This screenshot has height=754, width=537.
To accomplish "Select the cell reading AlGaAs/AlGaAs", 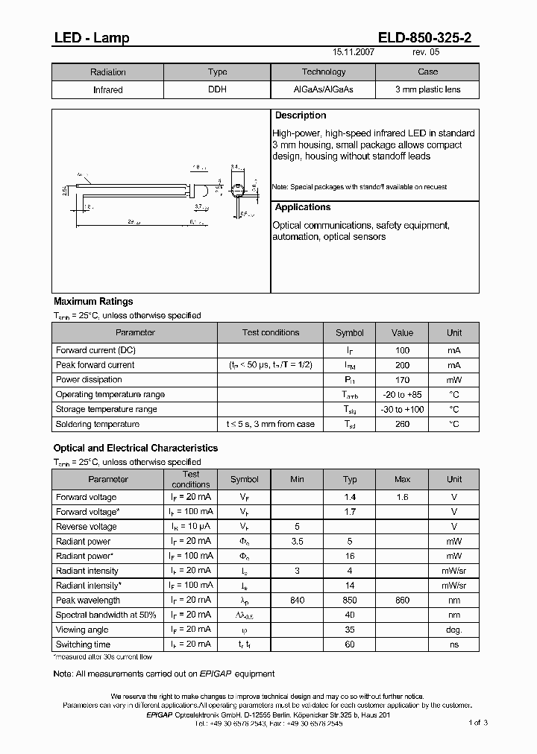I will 323,89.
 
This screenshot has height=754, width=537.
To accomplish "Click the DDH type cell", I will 217,89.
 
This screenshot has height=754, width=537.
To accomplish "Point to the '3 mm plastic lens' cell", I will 427,89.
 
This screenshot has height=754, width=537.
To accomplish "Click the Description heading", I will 301,115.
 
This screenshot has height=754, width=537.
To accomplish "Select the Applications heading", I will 303,207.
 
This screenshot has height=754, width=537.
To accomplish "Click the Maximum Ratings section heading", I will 93,302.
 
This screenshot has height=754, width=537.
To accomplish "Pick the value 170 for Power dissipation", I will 402,380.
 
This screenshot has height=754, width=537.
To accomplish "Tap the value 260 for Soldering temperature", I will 402,425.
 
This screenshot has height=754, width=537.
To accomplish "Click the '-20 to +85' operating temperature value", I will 402,395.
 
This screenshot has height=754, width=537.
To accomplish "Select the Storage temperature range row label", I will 106,410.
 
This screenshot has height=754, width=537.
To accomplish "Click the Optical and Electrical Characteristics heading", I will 136,449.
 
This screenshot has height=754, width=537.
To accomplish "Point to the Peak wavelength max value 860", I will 402,601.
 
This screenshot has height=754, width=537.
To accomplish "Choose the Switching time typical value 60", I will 350,644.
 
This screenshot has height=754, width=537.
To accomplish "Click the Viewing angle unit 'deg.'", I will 454,630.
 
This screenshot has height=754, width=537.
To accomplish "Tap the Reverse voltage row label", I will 87,527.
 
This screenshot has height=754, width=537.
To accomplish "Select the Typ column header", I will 350,479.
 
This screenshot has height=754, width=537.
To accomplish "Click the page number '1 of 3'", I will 478,723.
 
